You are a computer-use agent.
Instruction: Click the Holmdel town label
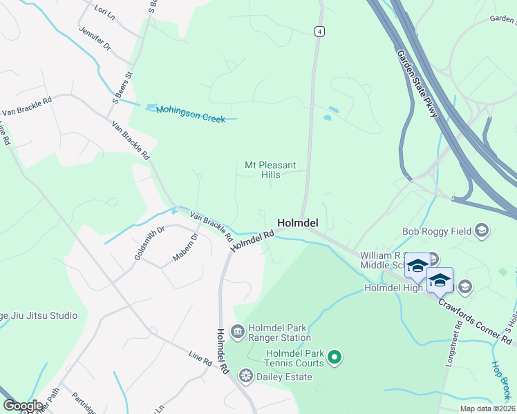[298, 223]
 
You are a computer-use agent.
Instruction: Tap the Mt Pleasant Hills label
[270, 170]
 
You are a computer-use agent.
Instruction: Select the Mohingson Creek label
[191, 114]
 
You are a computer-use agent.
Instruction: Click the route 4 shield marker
[319, 32]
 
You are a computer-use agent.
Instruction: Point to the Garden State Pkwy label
[417, 82]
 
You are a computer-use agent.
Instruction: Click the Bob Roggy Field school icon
[482, 231]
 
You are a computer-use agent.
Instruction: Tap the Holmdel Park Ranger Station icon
[237, 333]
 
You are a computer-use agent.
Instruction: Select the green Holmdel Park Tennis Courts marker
[335, 357]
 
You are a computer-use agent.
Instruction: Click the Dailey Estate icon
[245, 376]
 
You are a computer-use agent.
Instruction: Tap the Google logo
[23, 406]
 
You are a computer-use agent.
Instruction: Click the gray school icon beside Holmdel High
[465, 286]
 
